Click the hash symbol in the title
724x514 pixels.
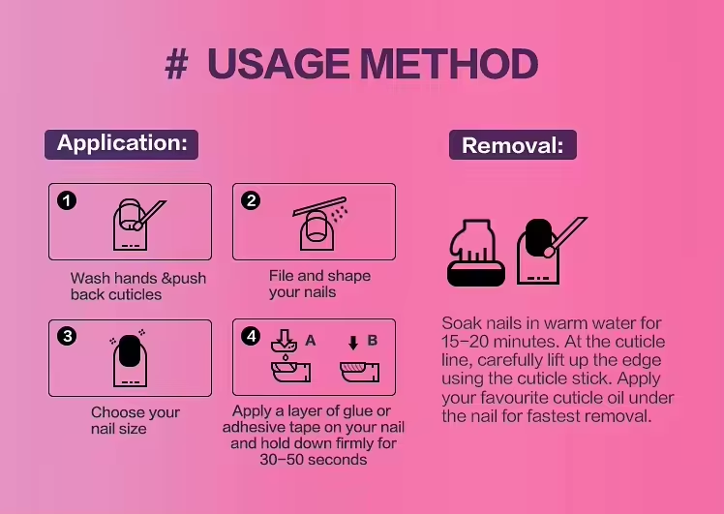point(176,64)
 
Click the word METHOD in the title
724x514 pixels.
point(449,64)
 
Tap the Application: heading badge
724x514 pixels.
point(121,144)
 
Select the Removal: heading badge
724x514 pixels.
point(513,145)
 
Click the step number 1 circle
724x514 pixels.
point(67,201)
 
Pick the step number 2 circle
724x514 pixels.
point(251,200)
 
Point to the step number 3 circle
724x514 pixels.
point(67,336)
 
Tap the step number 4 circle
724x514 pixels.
point(251,336)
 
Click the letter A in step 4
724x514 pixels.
point(311,341)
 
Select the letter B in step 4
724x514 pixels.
point(372,341)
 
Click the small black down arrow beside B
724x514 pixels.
point(353,343)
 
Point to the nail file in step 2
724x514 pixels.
point(319,206)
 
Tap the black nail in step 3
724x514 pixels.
point(130,351)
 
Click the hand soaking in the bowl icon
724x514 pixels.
point(476,253)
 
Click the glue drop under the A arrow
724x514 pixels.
point(286,357)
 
